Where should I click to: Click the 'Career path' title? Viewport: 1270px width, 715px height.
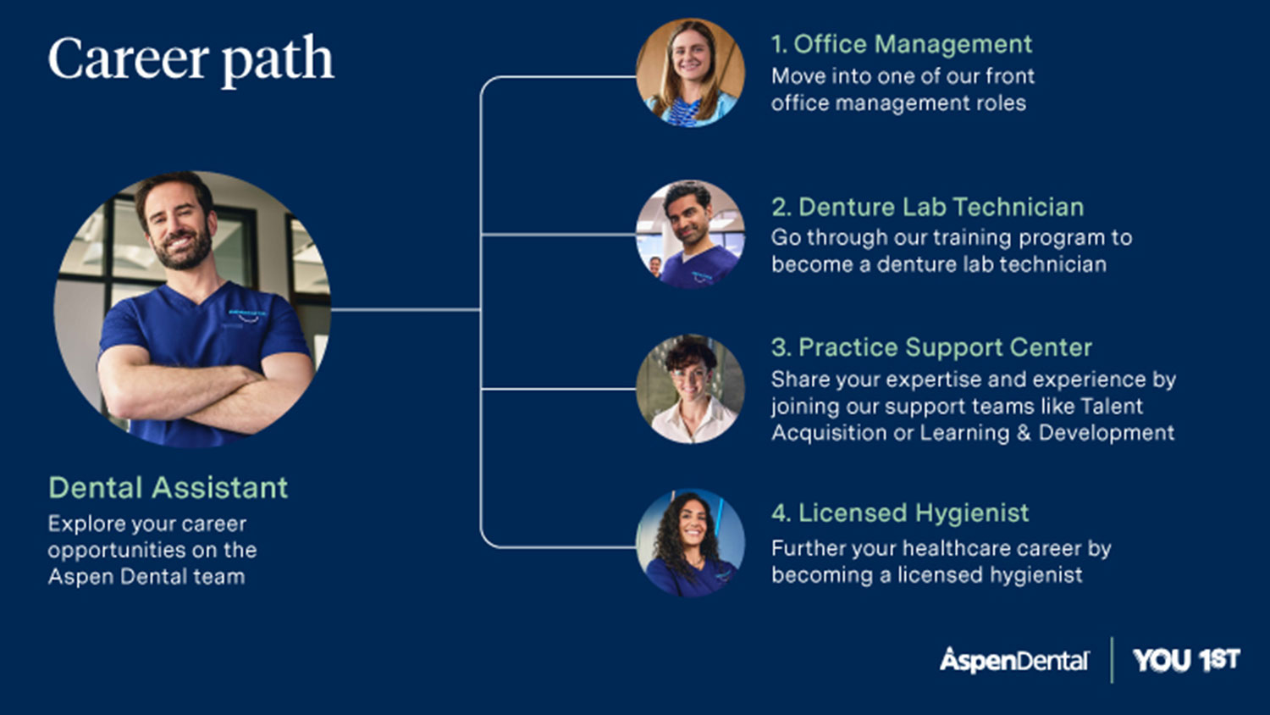191,60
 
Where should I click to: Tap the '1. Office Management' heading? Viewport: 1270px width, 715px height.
902,44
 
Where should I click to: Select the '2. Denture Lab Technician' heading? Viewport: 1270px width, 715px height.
928,207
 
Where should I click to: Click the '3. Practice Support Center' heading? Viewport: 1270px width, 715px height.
931,347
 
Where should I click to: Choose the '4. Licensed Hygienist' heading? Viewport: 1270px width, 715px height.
900,513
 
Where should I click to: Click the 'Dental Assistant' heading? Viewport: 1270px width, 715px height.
168,487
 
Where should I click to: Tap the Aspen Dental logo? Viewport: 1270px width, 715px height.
1014,660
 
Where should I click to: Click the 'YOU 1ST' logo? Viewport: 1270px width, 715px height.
1186,660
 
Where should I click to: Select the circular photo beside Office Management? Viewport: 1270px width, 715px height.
690,72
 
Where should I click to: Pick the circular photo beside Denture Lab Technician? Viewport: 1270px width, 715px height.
690,235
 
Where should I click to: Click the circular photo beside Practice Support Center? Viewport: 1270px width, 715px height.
690,389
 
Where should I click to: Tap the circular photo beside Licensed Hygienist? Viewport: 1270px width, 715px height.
690,543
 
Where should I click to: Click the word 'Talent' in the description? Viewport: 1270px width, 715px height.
1112,407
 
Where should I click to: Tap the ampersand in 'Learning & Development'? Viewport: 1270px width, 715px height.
1024,433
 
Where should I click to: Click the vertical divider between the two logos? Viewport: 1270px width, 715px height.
1112,660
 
